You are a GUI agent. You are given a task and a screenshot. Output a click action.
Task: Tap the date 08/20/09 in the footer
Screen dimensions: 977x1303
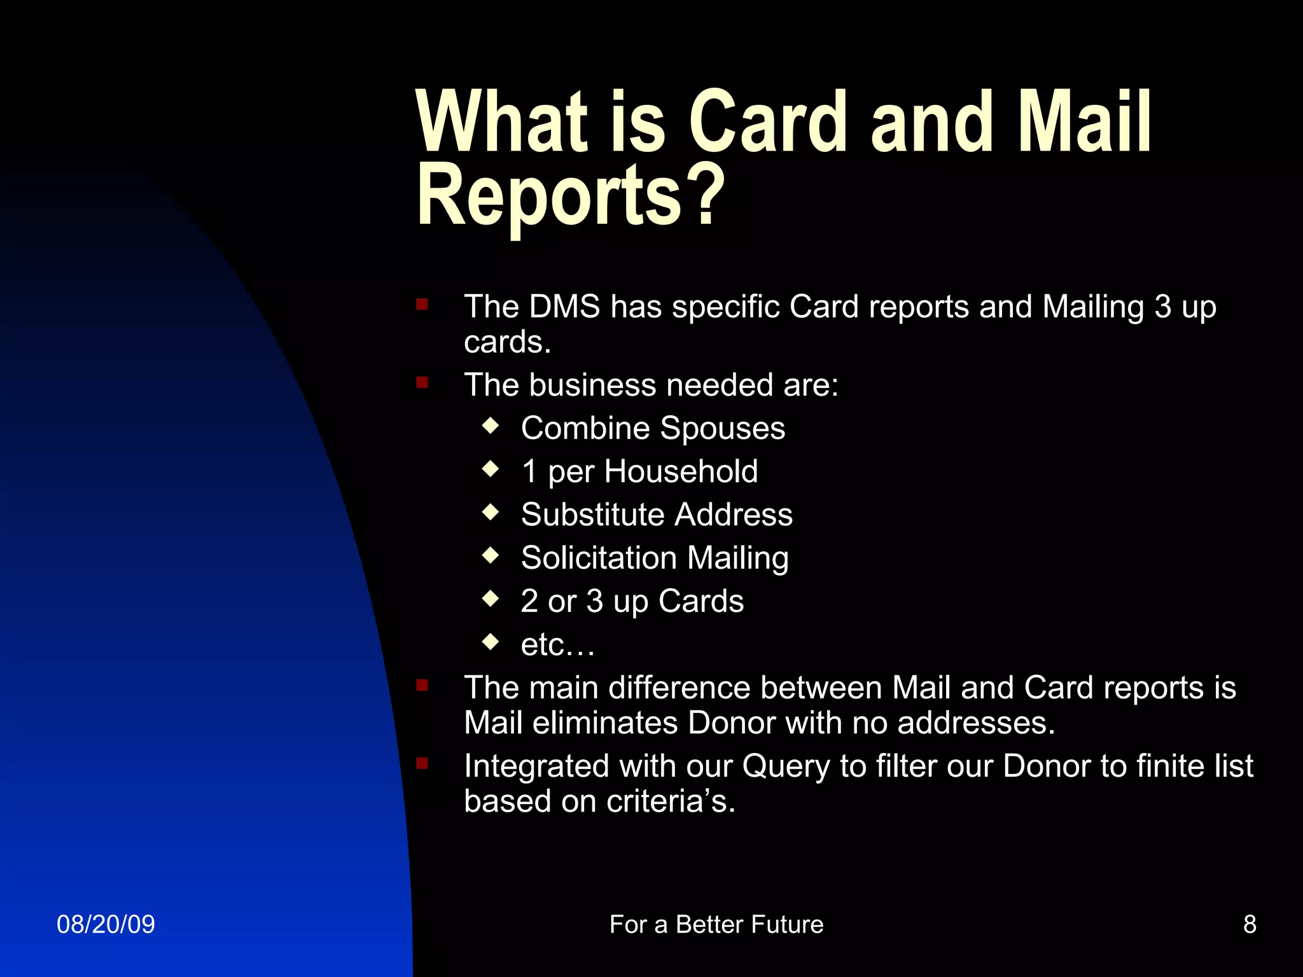[x=106, y=924]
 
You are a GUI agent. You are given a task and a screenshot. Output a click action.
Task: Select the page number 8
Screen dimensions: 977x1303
[x=1250, y=924]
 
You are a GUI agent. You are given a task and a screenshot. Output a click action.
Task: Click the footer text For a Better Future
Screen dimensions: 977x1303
[x=716, y=924]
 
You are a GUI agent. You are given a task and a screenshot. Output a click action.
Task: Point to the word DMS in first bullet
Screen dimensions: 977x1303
[x=564, y=307]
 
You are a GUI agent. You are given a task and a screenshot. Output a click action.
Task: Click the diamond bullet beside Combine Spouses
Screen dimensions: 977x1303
[x=491, y=426]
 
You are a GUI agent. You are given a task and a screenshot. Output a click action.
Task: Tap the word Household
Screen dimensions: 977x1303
[x=681, y=471]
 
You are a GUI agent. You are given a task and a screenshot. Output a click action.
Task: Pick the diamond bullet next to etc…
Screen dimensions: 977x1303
[x=491, y=642]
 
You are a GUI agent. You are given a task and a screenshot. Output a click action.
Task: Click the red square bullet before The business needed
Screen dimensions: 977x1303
[x=422, y=382]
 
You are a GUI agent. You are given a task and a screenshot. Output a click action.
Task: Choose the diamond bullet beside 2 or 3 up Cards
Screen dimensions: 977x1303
[x=491, y=599]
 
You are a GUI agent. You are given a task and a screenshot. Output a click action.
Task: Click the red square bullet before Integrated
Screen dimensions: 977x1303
[x=422, y=763]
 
